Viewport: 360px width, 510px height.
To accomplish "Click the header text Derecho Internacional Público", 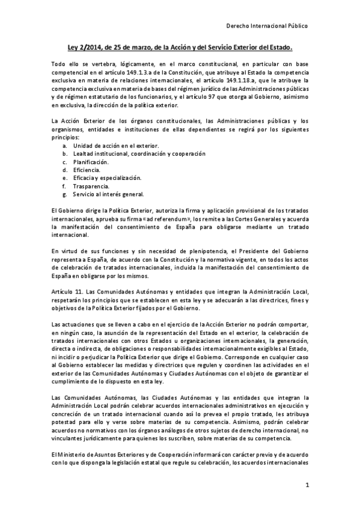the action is (266, 26).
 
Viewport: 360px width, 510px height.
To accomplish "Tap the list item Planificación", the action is (91, 162).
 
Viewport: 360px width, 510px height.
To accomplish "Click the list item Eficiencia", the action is (88, 170).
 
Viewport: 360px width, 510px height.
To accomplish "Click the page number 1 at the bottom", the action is (307, 485).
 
